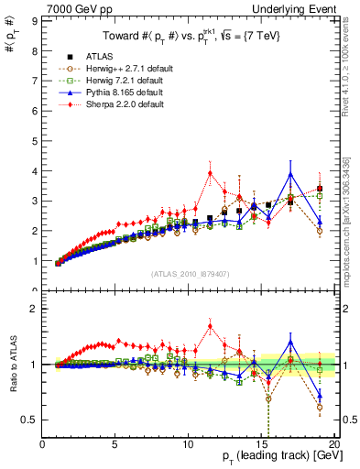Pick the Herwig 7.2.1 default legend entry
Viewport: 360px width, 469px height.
pyautogui.click(x=124, y=81)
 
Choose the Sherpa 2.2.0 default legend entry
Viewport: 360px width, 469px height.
pyautogui.click(x=124, y=104)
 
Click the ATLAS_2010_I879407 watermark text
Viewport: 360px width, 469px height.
pyautogui.click(x=190, y=273)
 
